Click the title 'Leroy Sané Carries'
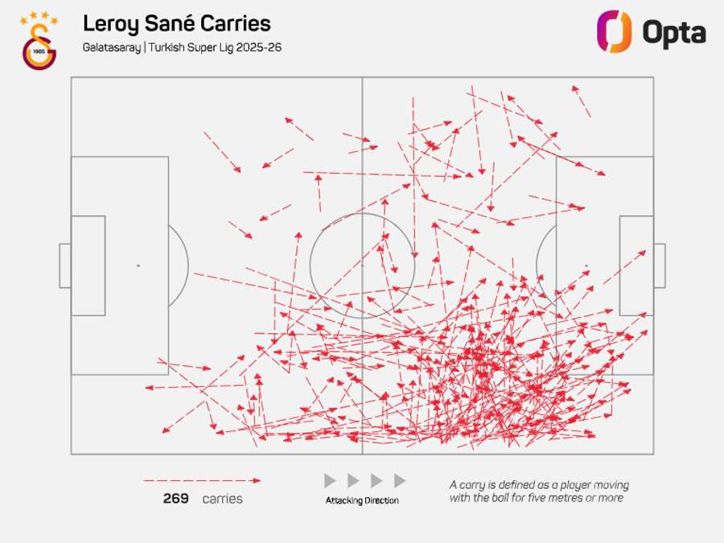176,24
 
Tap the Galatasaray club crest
39,46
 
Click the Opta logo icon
613,31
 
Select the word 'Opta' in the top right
673,33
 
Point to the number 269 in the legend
175,499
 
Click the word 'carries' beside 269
222,499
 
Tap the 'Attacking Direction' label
362,500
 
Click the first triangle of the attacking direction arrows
330,481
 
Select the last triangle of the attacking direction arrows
400,481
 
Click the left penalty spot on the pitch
138,265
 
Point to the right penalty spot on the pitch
586,265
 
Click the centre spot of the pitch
362,265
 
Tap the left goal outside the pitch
64,265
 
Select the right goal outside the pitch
660,265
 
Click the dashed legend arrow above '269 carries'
202,481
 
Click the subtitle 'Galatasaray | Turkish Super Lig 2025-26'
182,47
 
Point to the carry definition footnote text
539,491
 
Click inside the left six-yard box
88,265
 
